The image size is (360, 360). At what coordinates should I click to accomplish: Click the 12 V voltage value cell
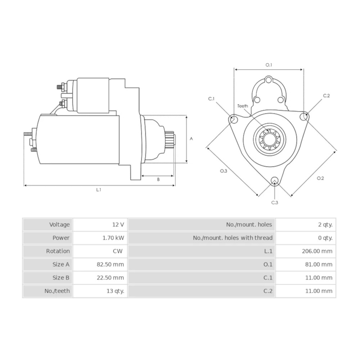[118, 225]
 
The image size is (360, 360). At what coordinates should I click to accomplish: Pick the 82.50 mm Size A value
[110, 264]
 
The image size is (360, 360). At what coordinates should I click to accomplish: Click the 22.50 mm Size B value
[110, 278]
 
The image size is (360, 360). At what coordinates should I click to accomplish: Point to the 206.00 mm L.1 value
[317, 251]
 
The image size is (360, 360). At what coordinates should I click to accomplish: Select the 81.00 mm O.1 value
[318, 264]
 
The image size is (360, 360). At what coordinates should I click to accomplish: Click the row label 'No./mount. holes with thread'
[233, 238]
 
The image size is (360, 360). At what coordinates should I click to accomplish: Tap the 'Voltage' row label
[59, 225]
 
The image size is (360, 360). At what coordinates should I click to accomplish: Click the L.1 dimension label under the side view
[99, 190]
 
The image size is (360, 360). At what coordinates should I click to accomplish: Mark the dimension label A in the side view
[191, 139]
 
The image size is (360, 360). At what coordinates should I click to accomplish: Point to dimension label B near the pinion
[158, 179]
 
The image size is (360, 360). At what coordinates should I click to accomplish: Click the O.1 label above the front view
[269, 65]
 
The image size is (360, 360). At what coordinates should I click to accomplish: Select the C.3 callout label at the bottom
[275, 203]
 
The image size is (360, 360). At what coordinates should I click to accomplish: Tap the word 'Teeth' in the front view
[243, 106]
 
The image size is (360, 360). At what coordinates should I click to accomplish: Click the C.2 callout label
[326, 96]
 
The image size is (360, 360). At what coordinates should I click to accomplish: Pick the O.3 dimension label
[224, 171]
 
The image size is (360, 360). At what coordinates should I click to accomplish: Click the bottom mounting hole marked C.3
[275, 181]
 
